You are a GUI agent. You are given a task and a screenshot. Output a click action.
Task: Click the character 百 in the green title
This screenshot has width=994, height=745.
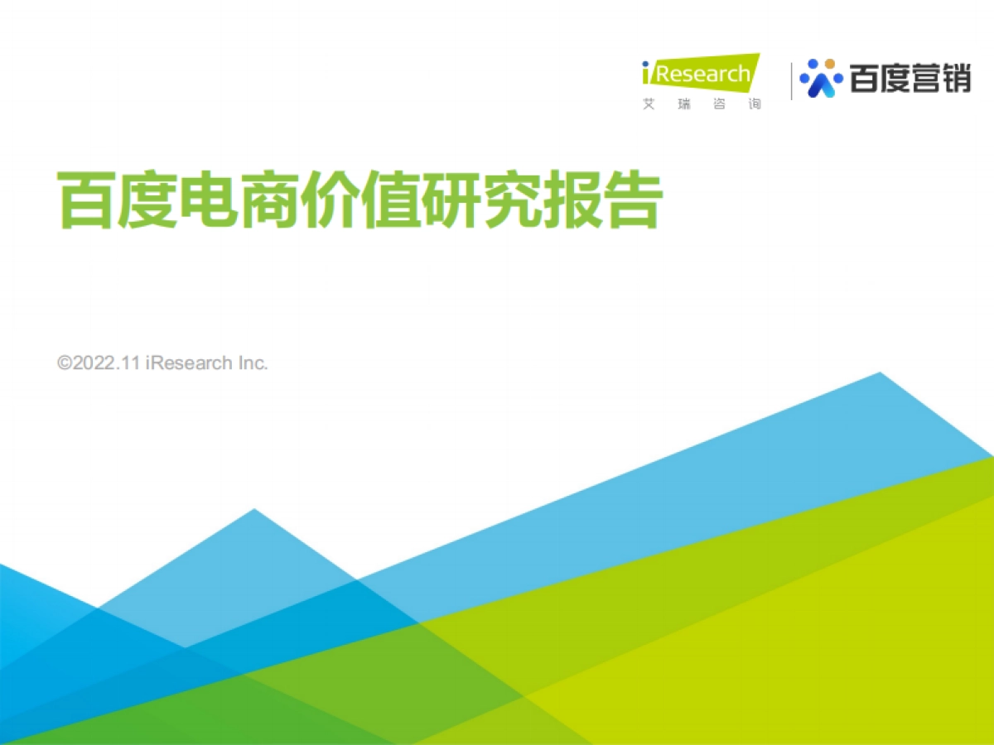click(87, 199)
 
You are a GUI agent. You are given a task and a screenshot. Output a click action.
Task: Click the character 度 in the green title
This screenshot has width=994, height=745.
click(147, 199)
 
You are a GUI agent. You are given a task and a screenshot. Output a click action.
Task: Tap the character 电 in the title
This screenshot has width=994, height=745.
click(208, 199)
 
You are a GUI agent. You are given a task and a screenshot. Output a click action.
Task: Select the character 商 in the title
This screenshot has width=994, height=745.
click(268, 199)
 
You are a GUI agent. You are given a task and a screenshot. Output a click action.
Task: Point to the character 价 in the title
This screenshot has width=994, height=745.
click(329, 199)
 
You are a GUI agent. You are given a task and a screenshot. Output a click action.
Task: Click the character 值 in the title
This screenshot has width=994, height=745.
click(389, 199)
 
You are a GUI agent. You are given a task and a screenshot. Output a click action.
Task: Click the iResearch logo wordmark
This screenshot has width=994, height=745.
click(701, 74)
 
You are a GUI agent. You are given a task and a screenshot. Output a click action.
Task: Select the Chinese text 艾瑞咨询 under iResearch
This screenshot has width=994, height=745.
click(701, 105)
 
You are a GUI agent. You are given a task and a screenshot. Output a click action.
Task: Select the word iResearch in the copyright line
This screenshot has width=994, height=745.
click(188, 363)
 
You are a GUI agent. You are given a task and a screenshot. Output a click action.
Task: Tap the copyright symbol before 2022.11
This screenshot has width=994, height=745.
click(65, 363)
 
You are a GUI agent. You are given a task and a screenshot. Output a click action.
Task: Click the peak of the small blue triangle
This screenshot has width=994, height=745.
click(253, 510)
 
